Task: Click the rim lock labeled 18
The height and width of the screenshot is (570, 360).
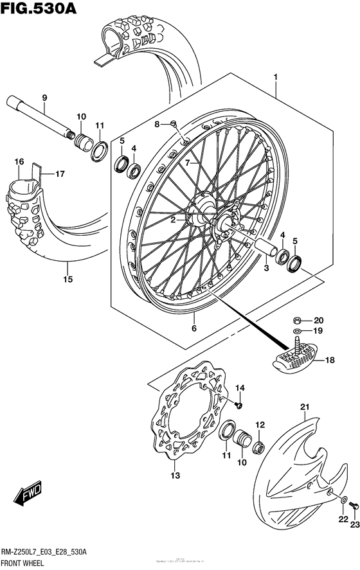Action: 294,359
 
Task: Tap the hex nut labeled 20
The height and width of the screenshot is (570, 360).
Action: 298,320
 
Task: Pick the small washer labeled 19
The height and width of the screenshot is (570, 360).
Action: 297,334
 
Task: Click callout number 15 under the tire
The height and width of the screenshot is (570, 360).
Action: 67,280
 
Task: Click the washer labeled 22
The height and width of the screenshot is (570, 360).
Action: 343,499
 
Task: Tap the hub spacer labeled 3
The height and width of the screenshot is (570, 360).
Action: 264,246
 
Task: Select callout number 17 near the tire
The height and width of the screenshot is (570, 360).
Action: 59,174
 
